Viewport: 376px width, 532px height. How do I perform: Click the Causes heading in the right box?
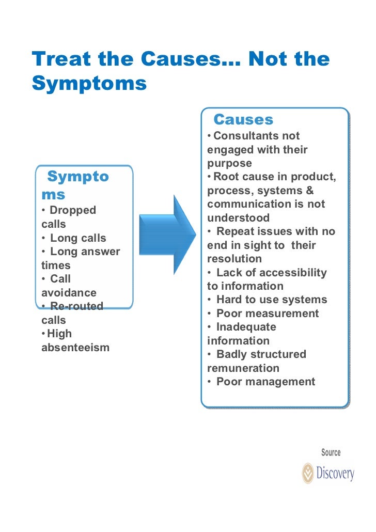pos(243,120)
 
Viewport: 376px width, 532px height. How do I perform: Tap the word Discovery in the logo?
pos(335,473)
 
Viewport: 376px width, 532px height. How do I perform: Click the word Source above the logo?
pos(331,452)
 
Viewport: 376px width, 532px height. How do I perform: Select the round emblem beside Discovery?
pos(308,473)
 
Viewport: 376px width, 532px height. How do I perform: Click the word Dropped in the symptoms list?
pos(73,211)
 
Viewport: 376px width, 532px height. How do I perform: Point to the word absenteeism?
pos(75,347)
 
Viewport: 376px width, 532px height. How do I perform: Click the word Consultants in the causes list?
pos(242,136)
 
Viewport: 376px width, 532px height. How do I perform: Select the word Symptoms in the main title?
pos(89,83)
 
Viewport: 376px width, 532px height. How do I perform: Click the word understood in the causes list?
pos(238,218)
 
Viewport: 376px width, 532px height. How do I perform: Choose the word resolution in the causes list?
pos(234,259)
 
